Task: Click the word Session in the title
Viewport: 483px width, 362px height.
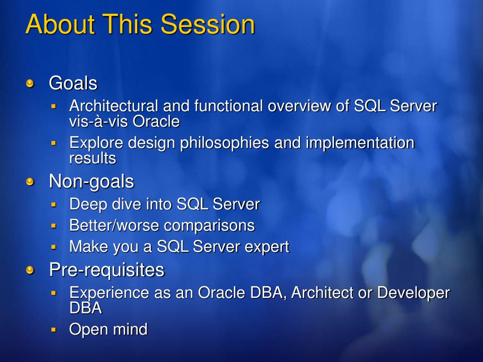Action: [208, 24]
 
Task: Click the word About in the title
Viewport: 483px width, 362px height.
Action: [60, 24]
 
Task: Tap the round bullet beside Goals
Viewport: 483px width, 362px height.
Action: [30, 83]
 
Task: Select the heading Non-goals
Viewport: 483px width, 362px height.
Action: [92, 181]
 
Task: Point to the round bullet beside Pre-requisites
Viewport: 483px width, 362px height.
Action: [30, 270]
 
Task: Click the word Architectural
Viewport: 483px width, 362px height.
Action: [114, 106]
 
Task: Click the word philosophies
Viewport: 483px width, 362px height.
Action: [225, 143]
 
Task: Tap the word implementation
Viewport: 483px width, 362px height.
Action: [360, 143]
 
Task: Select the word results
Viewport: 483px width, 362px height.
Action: [93, 158]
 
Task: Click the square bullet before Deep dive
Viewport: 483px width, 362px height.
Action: [54, 205]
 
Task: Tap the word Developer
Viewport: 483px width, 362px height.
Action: [414, 292]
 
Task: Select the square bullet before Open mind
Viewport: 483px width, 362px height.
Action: [54, 330]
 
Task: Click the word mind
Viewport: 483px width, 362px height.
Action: [130, 329]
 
